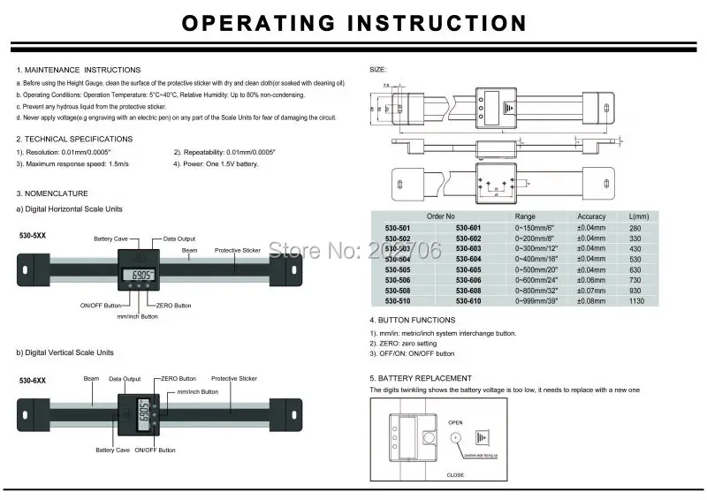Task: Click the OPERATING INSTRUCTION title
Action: [x=353, y=23]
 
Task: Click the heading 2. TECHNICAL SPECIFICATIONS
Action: [x=74, y=139]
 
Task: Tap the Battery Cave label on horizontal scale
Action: [x=113, y=239]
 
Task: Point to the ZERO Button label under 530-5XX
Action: [x=171, y=305]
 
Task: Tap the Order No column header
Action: [x=440, y=216]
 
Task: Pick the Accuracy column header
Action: [x=591, y=216]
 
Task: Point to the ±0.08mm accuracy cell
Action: [x=591, y=300]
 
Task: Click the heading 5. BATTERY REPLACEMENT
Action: [x=426, y=378]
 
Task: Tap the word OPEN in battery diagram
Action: [x=456, y=422]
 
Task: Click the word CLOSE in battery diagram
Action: [x=456, y=474]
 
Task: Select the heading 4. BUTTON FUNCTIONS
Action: [x=413, y=320]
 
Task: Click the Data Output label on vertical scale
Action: [x=125, y=378]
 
